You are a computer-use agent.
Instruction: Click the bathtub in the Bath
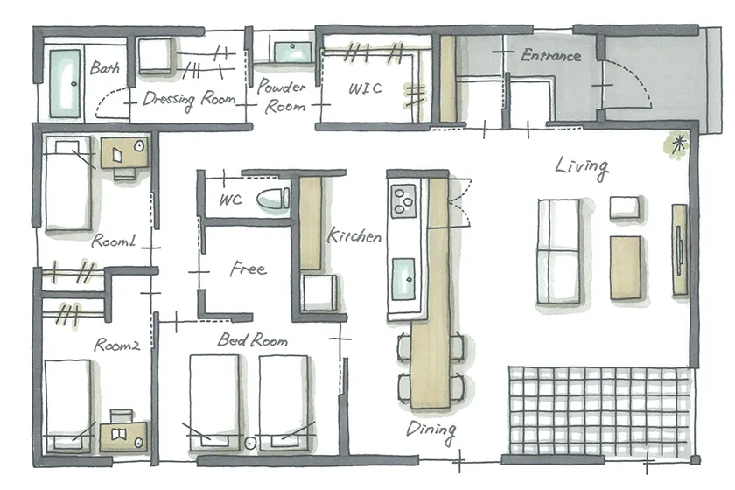click(x=65, y=83)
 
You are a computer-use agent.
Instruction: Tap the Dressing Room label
click(x=189, y=99)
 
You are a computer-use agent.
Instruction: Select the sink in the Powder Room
click(x=292, y=52)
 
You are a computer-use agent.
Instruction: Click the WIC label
click(x=365, y=88)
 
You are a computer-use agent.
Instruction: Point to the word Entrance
click(x=550, y=56)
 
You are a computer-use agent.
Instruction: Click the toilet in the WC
click(x=273, y=199)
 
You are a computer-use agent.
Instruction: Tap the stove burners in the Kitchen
click(x=402, y=200)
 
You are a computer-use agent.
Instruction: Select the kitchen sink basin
click(x=403, y=279)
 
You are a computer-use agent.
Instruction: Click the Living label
click(x=582, y=167)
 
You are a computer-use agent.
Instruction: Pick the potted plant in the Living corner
click(x=675, y=144)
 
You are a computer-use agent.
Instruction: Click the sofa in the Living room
click(x=559, y=251)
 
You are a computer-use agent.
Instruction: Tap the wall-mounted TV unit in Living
click(x=680, y=249)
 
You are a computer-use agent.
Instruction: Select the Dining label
click(x=430, y=430)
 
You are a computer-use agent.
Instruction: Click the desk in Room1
click(x=124, y=152)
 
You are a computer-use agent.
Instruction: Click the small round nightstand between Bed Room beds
click(x=250, y=443)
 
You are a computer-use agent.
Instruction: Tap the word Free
click(x=248, y=269)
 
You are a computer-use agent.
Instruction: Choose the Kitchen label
click(x=353, y=234)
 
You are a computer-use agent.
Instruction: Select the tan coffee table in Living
click(x=626, y=267)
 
